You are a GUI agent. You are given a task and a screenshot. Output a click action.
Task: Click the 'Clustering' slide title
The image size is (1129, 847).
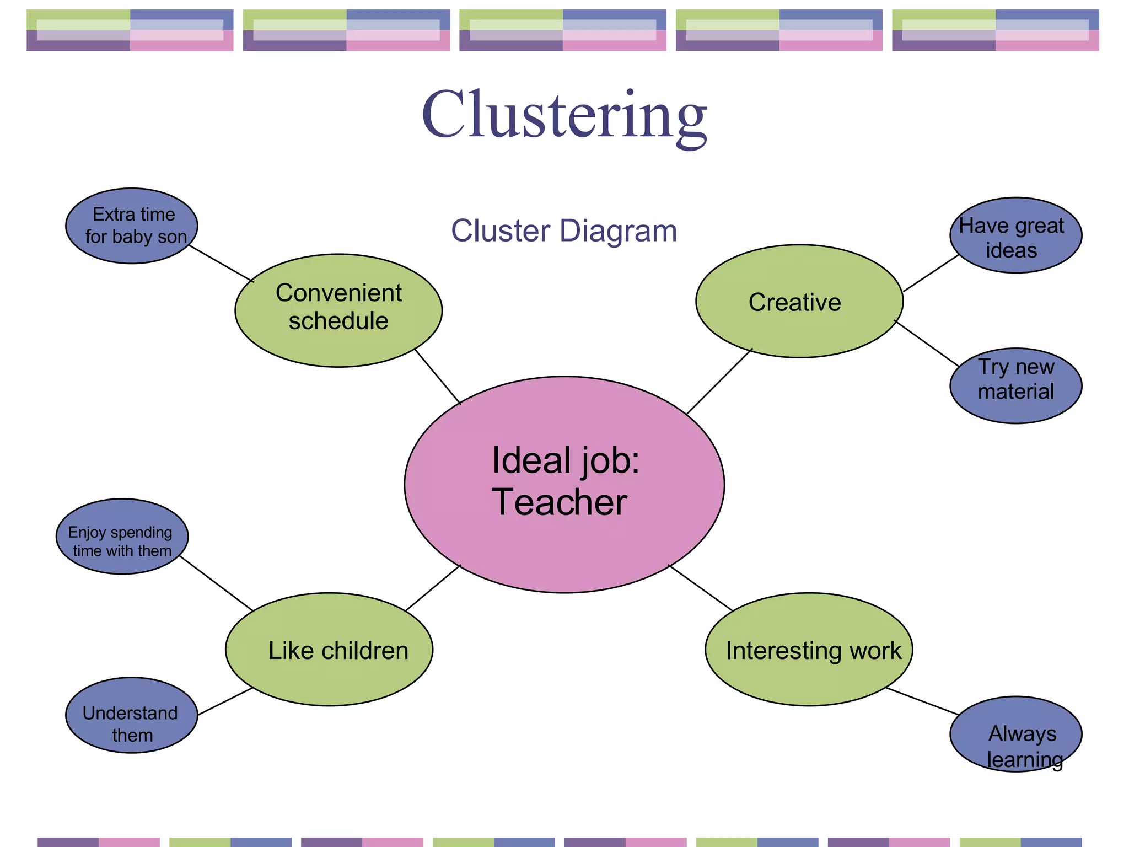[x=564, y=116]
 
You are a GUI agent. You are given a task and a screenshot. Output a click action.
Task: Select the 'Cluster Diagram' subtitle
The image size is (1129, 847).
[x=564, y=230]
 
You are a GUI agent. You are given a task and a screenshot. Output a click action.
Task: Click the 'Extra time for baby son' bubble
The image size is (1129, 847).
[x=132, y=226]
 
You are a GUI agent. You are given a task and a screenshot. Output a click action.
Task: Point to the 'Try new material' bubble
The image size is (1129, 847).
[x=1015, y=385]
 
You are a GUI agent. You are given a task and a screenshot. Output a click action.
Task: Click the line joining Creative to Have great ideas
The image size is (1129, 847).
[x=931, y=273]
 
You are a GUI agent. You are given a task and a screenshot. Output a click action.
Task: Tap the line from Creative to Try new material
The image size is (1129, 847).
[x=927, y=344]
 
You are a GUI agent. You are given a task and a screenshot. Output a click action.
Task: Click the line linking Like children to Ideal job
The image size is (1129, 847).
[x=433, y=588]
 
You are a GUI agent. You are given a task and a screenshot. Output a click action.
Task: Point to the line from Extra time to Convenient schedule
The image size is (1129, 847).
[x=221, y=264]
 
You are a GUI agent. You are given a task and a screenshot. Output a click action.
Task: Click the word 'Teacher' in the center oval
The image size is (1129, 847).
[x=560, y=502]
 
